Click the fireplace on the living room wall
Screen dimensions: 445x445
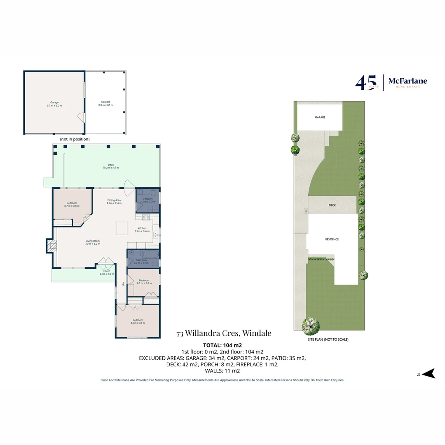click(x=51, y=246)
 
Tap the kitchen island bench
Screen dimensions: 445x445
click(x=122, y=227)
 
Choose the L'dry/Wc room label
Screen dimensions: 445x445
click(x=147, y=199)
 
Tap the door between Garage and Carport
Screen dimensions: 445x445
click(x=82, y=118)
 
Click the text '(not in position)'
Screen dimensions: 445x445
click(x=75, y=139)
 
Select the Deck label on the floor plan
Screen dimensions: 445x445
click(x=111, y=165)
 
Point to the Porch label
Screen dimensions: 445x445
click(x=106, y=271)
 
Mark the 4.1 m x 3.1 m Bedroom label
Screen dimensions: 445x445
click(x=138, y=321)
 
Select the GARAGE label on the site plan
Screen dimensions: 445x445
click(x=320, y=117)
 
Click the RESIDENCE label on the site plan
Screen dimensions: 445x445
click(x=332, y=239)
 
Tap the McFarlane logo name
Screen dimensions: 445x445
click(x=408, y=81)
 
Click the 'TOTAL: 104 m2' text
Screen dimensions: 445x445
click(x=222, y=345)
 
